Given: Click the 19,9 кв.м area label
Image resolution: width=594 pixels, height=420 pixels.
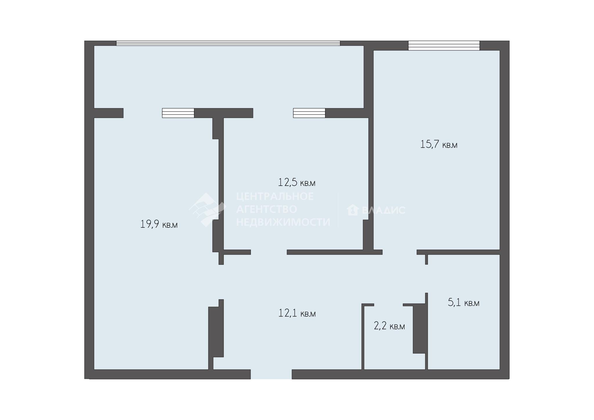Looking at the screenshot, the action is pos(159,224).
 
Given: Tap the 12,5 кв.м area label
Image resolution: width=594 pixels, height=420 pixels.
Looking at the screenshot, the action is pos(297,182).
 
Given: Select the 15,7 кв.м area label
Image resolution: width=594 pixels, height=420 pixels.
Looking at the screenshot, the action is pos(439,144).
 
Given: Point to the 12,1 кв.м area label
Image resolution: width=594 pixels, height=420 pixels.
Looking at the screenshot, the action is pos(297,313).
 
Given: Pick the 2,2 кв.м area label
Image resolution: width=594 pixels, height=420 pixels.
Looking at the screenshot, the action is pos(389,326).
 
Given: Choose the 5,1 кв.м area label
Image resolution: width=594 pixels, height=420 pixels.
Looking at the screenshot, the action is pos(463,303).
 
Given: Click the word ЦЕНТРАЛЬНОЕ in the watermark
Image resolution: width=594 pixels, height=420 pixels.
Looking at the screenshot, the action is pos(275,196).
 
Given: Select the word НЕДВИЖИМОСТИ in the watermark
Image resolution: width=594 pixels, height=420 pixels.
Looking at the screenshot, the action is pos(283,222).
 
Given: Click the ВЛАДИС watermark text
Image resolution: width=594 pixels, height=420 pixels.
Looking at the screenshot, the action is pos(383,210).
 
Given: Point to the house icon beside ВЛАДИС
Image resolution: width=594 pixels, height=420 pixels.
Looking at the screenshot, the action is pos(353,210).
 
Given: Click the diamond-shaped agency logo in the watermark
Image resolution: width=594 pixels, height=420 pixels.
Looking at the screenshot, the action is pos(207,209).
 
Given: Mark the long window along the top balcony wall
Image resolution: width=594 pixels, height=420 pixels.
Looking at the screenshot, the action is pos(228,43).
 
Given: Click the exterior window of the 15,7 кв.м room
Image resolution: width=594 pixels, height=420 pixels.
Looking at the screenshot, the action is pos(444,46).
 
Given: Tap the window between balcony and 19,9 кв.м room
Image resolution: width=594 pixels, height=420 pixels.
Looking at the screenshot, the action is pos(178,113).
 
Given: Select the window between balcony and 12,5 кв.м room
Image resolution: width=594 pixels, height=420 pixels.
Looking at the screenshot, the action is pos(309,113).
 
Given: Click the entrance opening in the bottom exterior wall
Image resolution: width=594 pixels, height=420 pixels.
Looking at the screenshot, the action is pos(271,374).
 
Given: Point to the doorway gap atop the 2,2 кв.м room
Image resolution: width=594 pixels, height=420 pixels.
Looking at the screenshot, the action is pos(388,305).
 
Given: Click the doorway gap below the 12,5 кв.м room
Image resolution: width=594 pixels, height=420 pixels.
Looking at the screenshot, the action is pos(269,252).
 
